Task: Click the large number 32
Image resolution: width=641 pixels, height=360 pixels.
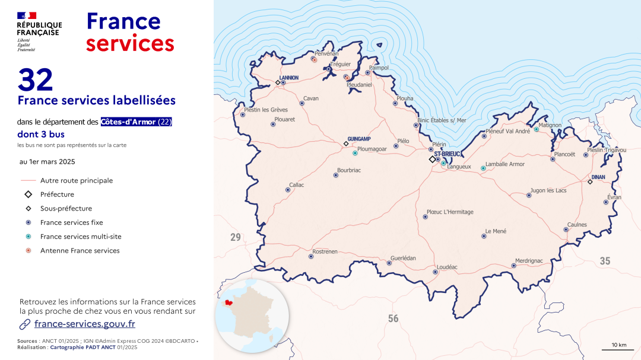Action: coord(36,80)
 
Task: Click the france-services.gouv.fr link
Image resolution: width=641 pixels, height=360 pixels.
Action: coord(84,324)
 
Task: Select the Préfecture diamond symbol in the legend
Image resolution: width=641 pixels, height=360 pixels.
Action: coord(28,195)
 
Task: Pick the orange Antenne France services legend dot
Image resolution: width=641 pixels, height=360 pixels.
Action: coord(28,251)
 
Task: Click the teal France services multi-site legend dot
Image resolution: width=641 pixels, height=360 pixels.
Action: coord(28,237)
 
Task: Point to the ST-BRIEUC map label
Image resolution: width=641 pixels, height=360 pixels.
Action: coord(448,154)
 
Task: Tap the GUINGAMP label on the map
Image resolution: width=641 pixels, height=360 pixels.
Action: coord(359,139)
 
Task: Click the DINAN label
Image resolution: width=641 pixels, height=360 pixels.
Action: coord(598,177)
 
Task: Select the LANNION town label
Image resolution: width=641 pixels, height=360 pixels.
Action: coord(289,78)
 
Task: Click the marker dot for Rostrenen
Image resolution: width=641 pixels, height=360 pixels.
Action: coord(311,257)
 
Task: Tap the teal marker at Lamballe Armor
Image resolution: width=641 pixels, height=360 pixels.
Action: coord(483,168)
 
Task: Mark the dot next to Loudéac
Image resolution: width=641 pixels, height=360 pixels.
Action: coord(436,272)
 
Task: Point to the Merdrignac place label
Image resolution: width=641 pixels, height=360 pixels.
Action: coord(529,260)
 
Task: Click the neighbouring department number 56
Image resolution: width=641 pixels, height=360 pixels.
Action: coord(394,319)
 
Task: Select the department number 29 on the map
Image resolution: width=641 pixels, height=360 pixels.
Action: coord(236,238)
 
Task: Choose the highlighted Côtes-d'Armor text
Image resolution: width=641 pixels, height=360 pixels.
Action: coord(128,122)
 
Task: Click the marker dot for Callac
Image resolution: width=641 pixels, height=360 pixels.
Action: coord(288,190)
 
